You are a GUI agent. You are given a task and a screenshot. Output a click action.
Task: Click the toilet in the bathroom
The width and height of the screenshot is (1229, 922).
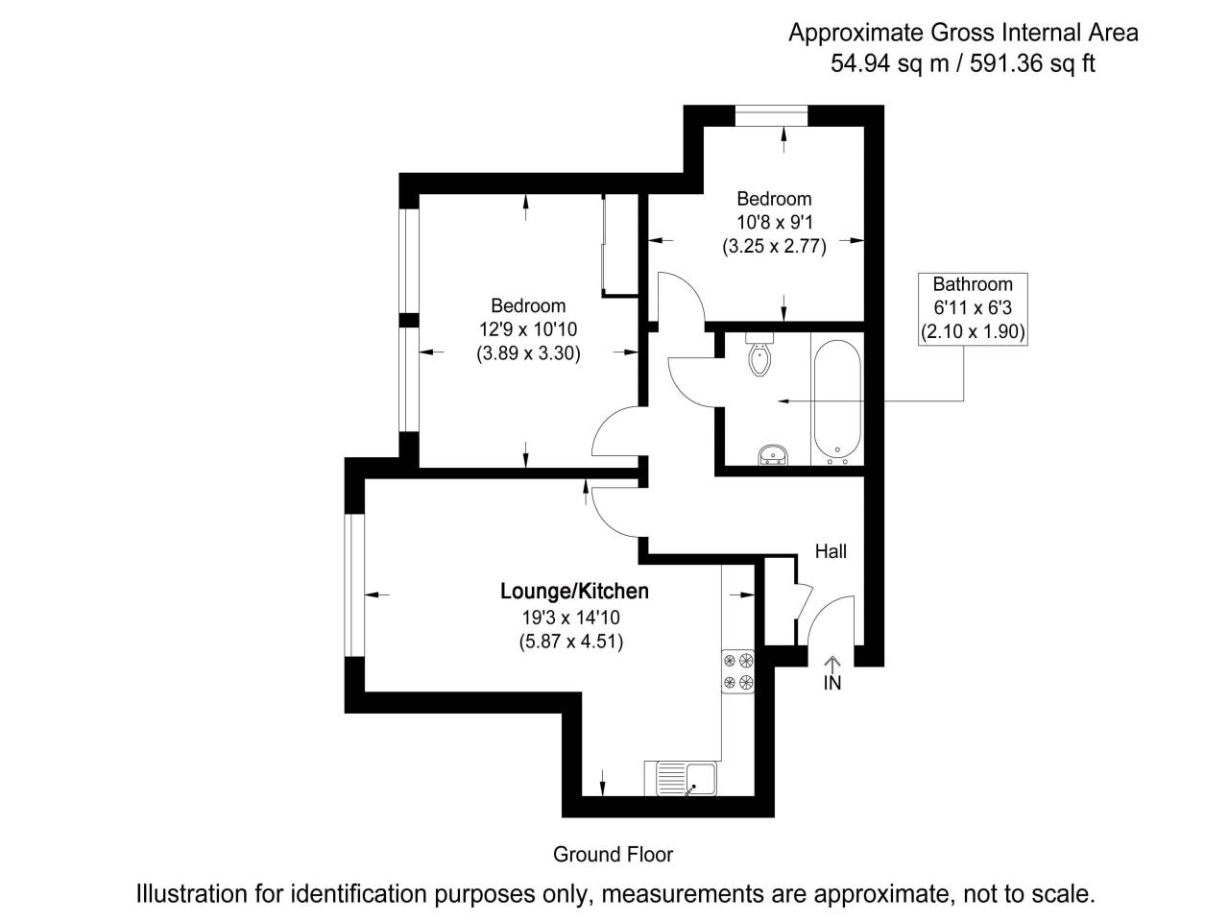point(759,356)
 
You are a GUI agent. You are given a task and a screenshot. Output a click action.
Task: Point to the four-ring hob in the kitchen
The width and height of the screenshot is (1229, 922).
point(738,671)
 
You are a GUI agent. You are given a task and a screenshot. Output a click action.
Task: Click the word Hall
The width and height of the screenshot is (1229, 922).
point(831,551)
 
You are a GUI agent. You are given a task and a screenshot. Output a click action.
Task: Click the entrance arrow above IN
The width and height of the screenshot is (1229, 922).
point(831,664)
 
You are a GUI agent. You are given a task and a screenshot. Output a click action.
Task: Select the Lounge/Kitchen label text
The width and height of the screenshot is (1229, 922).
point(574,592)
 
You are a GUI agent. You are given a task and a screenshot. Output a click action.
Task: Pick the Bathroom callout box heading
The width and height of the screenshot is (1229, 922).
point(973,284)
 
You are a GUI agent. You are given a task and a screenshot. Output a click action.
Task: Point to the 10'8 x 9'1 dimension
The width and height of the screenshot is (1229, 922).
point(774,222)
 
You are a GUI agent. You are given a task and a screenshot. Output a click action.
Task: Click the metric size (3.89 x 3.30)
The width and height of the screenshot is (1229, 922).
point(528,353)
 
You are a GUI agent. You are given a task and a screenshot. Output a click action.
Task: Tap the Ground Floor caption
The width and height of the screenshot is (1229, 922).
point(614,854)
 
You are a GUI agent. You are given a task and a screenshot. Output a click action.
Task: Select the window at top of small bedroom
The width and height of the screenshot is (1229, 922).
point(772,116)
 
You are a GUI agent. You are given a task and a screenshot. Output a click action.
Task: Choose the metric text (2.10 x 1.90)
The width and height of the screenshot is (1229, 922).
point(973,333)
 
